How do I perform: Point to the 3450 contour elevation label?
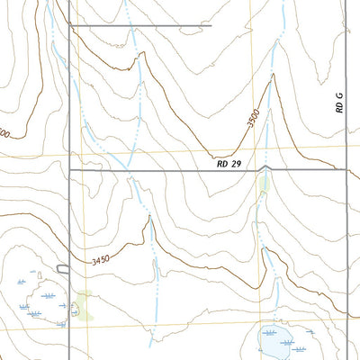(x=105, y=261)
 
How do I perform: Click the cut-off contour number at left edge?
(x=4, y=133)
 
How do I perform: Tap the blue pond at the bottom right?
(x=275, y=341)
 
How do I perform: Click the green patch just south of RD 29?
(x=263, y=184)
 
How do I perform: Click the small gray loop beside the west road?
(x=63, y=268)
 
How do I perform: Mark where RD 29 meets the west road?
(x=70, y=169)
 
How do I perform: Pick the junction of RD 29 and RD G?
(x=345, y=169)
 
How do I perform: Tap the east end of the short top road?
(x=211, y=25)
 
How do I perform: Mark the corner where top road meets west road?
(x=70, y=25)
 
